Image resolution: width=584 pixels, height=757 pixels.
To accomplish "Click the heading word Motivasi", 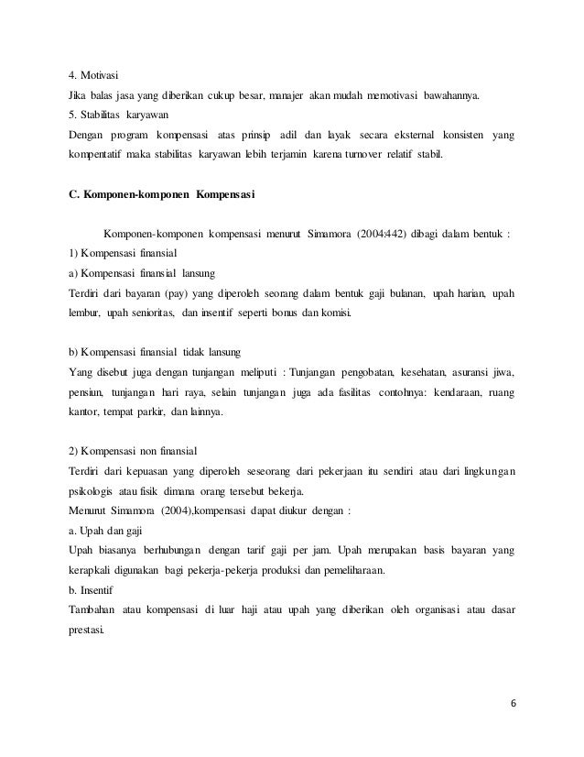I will click(102, 77).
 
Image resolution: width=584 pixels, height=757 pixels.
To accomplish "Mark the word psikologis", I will click(83, 491).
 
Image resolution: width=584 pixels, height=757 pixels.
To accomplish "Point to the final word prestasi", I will click(81, 631).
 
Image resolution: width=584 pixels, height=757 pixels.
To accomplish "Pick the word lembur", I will click(75, 313).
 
